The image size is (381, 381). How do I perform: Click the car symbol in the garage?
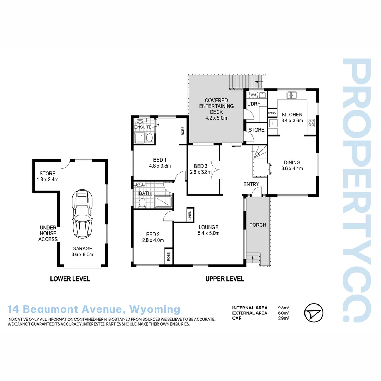click(x=82, y=214)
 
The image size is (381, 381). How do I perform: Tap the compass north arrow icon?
click(x=314, y=313)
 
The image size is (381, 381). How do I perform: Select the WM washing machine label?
click(x=253, y=95)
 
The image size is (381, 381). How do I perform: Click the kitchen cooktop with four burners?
click(x=312, y=123)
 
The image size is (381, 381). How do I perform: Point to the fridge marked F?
click(x=272, y=123)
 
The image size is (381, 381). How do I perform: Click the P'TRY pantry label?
click(x=272, y=113)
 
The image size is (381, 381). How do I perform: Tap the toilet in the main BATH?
click(x=143, y=203)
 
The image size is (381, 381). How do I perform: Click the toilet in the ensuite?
click(x=149, y=137)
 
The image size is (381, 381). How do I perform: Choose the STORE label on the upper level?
click(x=256, y=130)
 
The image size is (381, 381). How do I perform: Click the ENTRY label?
click(x=251, y=184)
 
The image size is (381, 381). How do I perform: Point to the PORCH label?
click(x=258, y=225)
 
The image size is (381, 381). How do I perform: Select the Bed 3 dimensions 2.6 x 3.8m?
click(x=200, y=172)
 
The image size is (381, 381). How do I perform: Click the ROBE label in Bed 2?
click(x=168, y=256)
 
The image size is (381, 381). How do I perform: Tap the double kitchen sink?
click(x=292, y=95)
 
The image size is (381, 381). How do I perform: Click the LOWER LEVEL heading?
click(x=70, y=279)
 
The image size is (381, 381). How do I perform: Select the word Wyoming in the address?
click(x=155, y=309)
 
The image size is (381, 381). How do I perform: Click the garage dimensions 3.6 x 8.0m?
click(x=83, y=254)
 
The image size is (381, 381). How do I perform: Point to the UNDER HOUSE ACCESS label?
click(x=48, y=233)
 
